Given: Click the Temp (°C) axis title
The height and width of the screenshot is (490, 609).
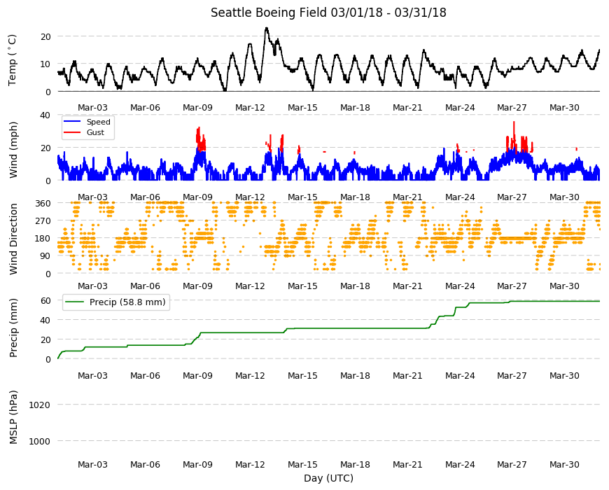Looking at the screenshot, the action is coord(13,60).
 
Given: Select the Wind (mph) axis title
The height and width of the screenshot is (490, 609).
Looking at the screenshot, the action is coord(13,150).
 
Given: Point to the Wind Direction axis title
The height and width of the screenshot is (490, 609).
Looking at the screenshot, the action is coord(13,239).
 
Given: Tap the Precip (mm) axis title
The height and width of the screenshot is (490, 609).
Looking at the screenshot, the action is coord(13,328).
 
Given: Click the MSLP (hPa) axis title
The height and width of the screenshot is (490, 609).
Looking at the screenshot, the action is coord(13,417).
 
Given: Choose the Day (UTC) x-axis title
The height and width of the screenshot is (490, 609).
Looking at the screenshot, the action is coord(328,478).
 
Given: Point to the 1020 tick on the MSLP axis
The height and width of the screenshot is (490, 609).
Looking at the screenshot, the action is coord(40,405).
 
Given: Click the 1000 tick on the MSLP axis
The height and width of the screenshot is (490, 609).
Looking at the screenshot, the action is coord(40,442).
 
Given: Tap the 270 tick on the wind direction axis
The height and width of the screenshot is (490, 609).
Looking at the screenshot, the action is coord(43,221).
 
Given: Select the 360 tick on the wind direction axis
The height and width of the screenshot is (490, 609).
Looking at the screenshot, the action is coord(43,204).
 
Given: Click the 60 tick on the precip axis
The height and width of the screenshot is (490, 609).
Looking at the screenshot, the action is coord(45,300).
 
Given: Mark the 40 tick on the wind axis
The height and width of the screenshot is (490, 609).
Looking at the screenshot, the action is coord(45,115).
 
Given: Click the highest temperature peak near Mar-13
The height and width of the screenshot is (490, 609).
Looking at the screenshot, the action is coord(267,28).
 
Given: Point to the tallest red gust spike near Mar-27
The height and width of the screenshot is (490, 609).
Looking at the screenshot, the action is coord(514,122).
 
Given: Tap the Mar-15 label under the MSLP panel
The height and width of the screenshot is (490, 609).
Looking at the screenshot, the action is coord(302,464).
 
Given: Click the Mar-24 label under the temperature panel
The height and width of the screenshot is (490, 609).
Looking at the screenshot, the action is coord(460,108).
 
